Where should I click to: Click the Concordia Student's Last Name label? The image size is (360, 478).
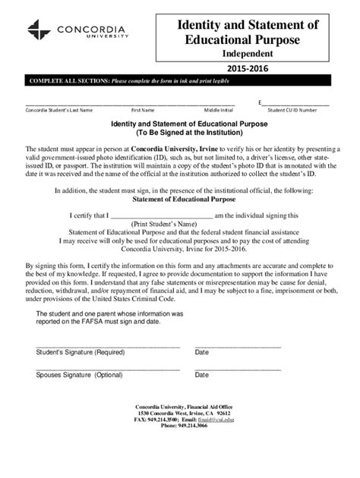(x=59, y=109)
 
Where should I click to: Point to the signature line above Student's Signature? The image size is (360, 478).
(x=108, y=345)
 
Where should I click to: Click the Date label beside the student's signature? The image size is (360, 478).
(x=202, y=352)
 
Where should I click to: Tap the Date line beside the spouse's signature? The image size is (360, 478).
(x=238, y=369)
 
